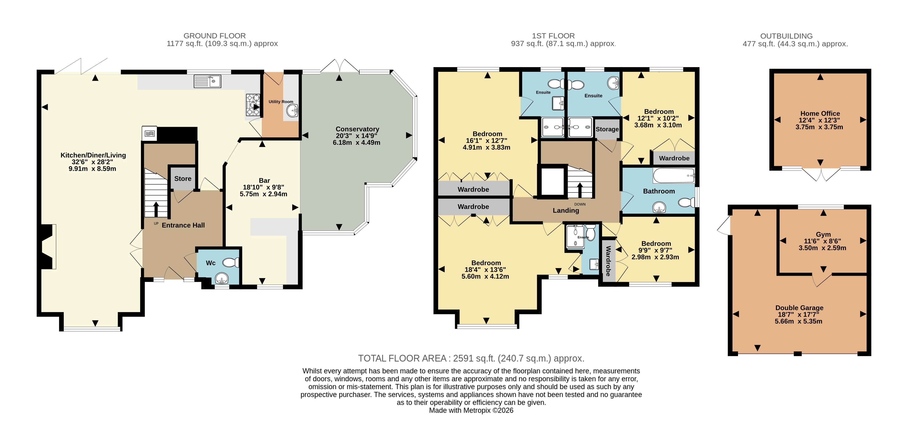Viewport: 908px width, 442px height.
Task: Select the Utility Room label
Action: [x=281, y=102]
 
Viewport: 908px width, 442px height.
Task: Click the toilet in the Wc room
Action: [x=231, y=262]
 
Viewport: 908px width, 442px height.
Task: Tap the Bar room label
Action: [x=264, y=180]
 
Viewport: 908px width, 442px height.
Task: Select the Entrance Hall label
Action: [x=183, y=225]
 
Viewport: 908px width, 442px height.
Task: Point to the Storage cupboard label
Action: [x=607, y=129]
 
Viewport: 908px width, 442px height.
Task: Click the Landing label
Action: [x=566, y=211]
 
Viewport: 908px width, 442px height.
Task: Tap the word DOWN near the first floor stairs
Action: [x=580, y=204]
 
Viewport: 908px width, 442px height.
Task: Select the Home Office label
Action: [x=820, y=113]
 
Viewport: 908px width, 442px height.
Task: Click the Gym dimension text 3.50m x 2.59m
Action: [x=822, y=248]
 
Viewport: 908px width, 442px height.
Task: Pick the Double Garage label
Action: [x=799, y=308]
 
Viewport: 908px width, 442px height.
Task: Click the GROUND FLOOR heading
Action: [x=215, y=36]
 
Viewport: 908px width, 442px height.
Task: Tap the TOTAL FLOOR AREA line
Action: [x=471, y=358]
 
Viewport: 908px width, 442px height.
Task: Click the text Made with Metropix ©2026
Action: [x=471, y=410]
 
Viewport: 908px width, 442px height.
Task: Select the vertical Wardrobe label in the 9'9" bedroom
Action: [x=608, y=261]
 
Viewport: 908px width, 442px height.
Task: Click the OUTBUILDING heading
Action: [x=786, y=36]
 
